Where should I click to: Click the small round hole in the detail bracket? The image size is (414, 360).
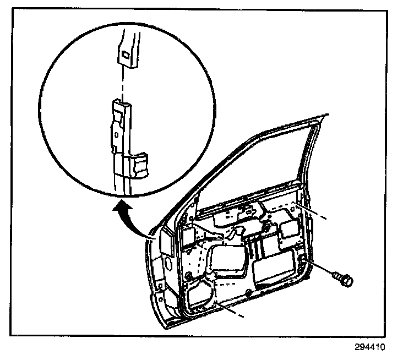pos(116,133)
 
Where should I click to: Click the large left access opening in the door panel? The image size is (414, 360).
pos(227,261)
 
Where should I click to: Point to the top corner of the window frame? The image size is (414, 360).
pos(323,115)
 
